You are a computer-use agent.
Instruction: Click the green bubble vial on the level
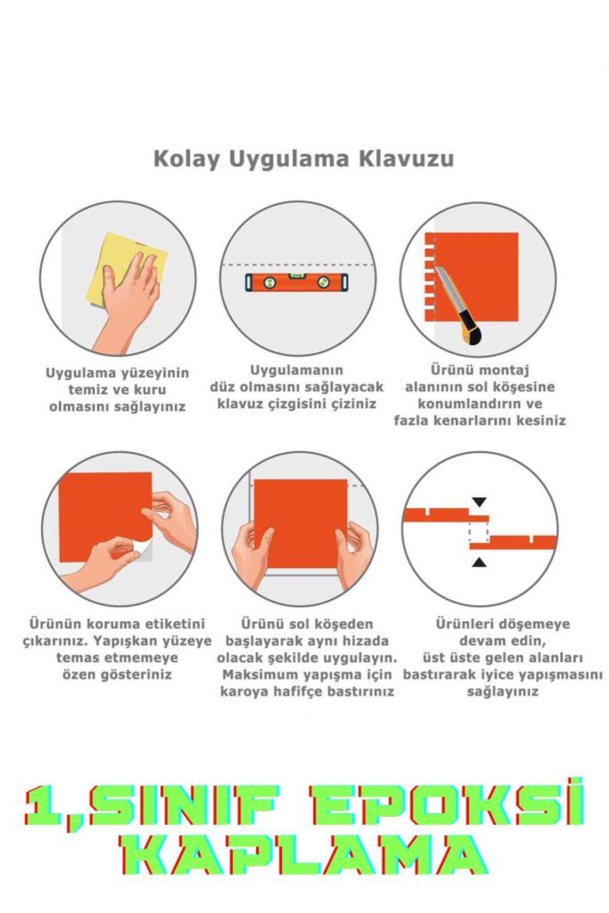pos(295,277)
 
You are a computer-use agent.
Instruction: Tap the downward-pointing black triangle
pos(479,502)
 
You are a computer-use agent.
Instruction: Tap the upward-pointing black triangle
pos(479,562)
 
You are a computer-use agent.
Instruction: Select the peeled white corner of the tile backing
pos(145,550)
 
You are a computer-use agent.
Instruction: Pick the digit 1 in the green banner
pos(43,805)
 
